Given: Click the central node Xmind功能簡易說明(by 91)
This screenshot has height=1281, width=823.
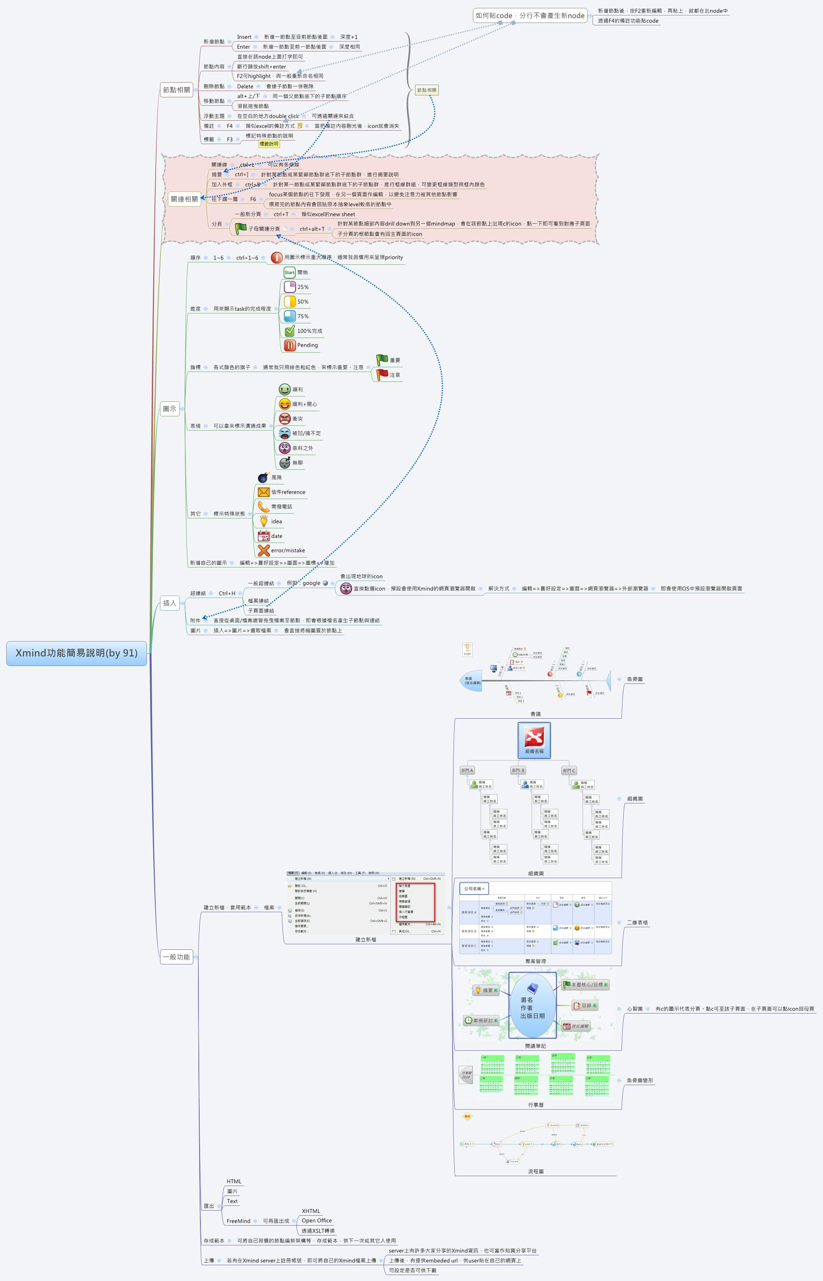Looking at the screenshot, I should [76, 653].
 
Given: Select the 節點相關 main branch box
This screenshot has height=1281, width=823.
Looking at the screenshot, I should [176, 90].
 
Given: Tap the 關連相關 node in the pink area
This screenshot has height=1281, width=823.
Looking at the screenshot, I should [185, 199].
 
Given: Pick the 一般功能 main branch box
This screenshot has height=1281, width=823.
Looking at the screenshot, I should [176, 957].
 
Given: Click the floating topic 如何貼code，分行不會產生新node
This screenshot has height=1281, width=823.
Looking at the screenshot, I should [530, 15].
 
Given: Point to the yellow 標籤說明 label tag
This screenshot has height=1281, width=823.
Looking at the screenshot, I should [269, 144].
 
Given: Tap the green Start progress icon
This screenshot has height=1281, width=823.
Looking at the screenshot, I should [289, 272].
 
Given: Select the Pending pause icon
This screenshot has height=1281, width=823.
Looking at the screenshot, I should [290, 345].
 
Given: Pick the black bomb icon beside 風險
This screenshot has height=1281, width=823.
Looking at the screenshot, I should [263, 477].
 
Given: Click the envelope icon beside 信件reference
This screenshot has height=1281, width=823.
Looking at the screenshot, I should [263, 492].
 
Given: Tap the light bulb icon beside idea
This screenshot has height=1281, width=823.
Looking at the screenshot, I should [263, 521].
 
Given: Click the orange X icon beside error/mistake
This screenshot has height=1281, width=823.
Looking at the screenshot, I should [263, 550].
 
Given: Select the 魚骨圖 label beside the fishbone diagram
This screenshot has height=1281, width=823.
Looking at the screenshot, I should [634, 679].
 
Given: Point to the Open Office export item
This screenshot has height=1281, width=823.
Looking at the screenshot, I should [316, 1221].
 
